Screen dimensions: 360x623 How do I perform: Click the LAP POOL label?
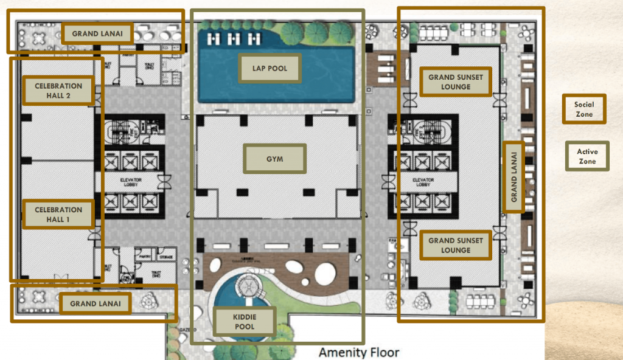[x=270, y=69]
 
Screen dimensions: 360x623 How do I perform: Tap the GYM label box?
[x=275, y=159]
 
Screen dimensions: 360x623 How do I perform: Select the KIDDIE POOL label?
[x=245, y=322]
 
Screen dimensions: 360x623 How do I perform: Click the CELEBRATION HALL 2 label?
[x=58, y=91]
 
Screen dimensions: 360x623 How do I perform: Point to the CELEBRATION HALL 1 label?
[x=58, y=215]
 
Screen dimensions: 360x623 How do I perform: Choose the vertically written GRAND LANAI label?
[x=513, y=177]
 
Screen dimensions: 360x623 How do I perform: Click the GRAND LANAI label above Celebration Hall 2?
[x=97, y=33]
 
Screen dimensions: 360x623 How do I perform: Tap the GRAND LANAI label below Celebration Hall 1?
[x=96, y=303]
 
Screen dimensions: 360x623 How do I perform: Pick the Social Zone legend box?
[x=584, y=109]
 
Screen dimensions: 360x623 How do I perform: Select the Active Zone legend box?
[x=587, y=156]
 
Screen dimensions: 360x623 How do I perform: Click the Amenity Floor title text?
[x=359, y=352]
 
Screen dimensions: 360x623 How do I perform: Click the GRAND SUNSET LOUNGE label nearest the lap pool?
[x=456, y=82]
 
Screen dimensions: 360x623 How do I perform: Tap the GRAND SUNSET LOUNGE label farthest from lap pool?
[x=456, y=245]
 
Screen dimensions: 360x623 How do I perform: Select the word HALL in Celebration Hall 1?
[x=58, y=220]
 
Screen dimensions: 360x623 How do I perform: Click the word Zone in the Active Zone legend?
[x=587, y=161]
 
